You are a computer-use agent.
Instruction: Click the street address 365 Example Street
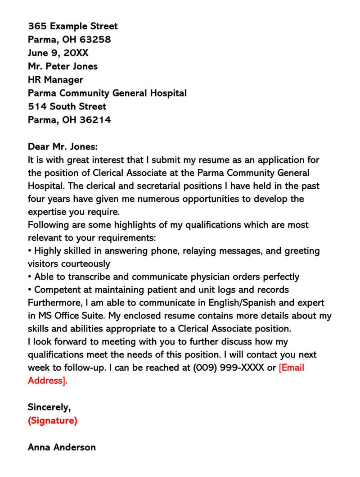[72, 26]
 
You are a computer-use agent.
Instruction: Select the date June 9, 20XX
[58, 53]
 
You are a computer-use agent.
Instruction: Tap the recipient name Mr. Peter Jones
[63, 66]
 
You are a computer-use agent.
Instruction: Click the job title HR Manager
[55, 80]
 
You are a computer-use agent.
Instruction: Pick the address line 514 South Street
[67, 106]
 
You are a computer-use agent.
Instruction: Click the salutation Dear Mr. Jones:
[63, 147]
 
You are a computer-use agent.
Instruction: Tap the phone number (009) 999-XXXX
[229, 368]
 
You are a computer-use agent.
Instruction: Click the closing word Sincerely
[49, 407]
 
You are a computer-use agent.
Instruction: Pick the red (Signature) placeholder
[52, 421]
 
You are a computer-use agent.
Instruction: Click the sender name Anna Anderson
[62, 447]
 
